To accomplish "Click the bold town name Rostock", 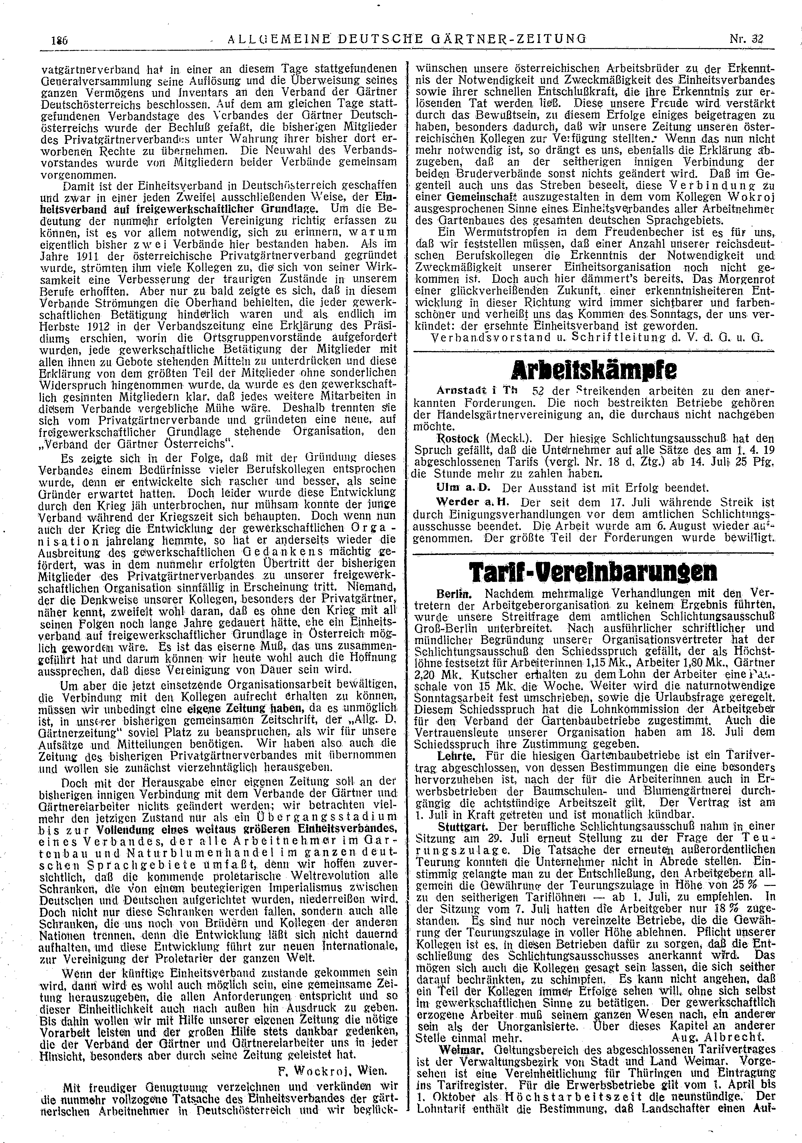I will (457, 439).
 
